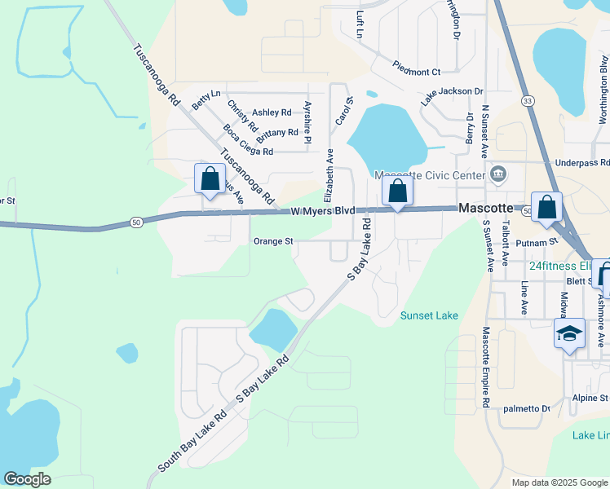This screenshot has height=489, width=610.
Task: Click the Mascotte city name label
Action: (484, 208)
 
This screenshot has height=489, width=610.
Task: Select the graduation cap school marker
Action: (569, 334)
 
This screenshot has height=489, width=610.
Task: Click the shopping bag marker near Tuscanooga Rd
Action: (210, 178)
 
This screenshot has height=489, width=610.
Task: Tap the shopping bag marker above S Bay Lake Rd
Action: (398, 192)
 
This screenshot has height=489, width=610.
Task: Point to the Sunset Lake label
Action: (429, 315)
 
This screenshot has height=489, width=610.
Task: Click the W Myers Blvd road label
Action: (324, 210)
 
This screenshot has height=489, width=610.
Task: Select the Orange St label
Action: (273, 241)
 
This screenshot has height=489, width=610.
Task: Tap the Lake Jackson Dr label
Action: (453, 95)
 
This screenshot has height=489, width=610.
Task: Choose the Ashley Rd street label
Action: (272, 112)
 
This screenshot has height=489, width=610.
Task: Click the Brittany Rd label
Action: (281, 132)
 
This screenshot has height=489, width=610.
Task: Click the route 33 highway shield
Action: (528, 100)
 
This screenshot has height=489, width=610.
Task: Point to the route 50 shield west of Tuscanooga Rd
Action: (136, 221)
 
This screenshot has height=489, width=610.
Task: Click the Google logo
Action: (28, 479)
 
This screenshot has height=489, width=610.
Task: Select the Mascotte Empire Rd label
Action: (485, 367)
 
